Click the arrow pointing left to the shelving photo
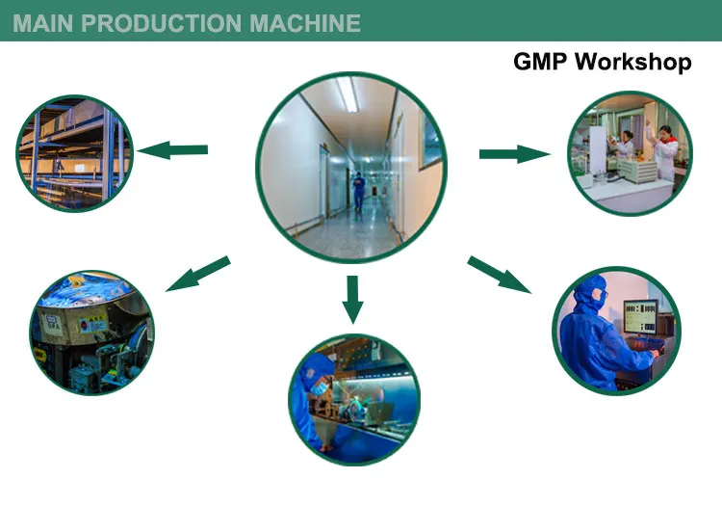point(173,149)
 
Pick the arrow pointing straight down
point(353,298)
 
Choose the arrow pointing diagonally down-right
point(500,274)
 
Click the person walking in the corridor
point(358,191)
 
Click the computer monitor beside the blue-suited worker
point(642,319)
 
